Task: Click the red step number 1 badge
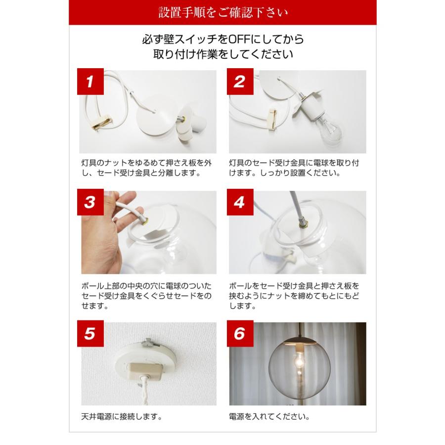coord(90,82)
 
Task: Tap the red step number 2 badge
coord(239,82)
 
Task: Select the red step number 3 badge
coord(90,202)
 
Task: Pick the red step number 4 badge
coord(239,202)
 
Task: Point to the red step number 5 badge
coord(90,334)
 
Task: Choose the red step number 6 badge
coord(239,334)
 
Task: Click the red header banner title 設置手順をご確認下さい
coord(222,12)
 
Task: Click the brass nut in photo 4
coord(301,223)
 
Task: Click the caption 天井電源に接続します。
coord(122,417)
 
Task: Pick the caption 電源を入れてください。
coord(269,417)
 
